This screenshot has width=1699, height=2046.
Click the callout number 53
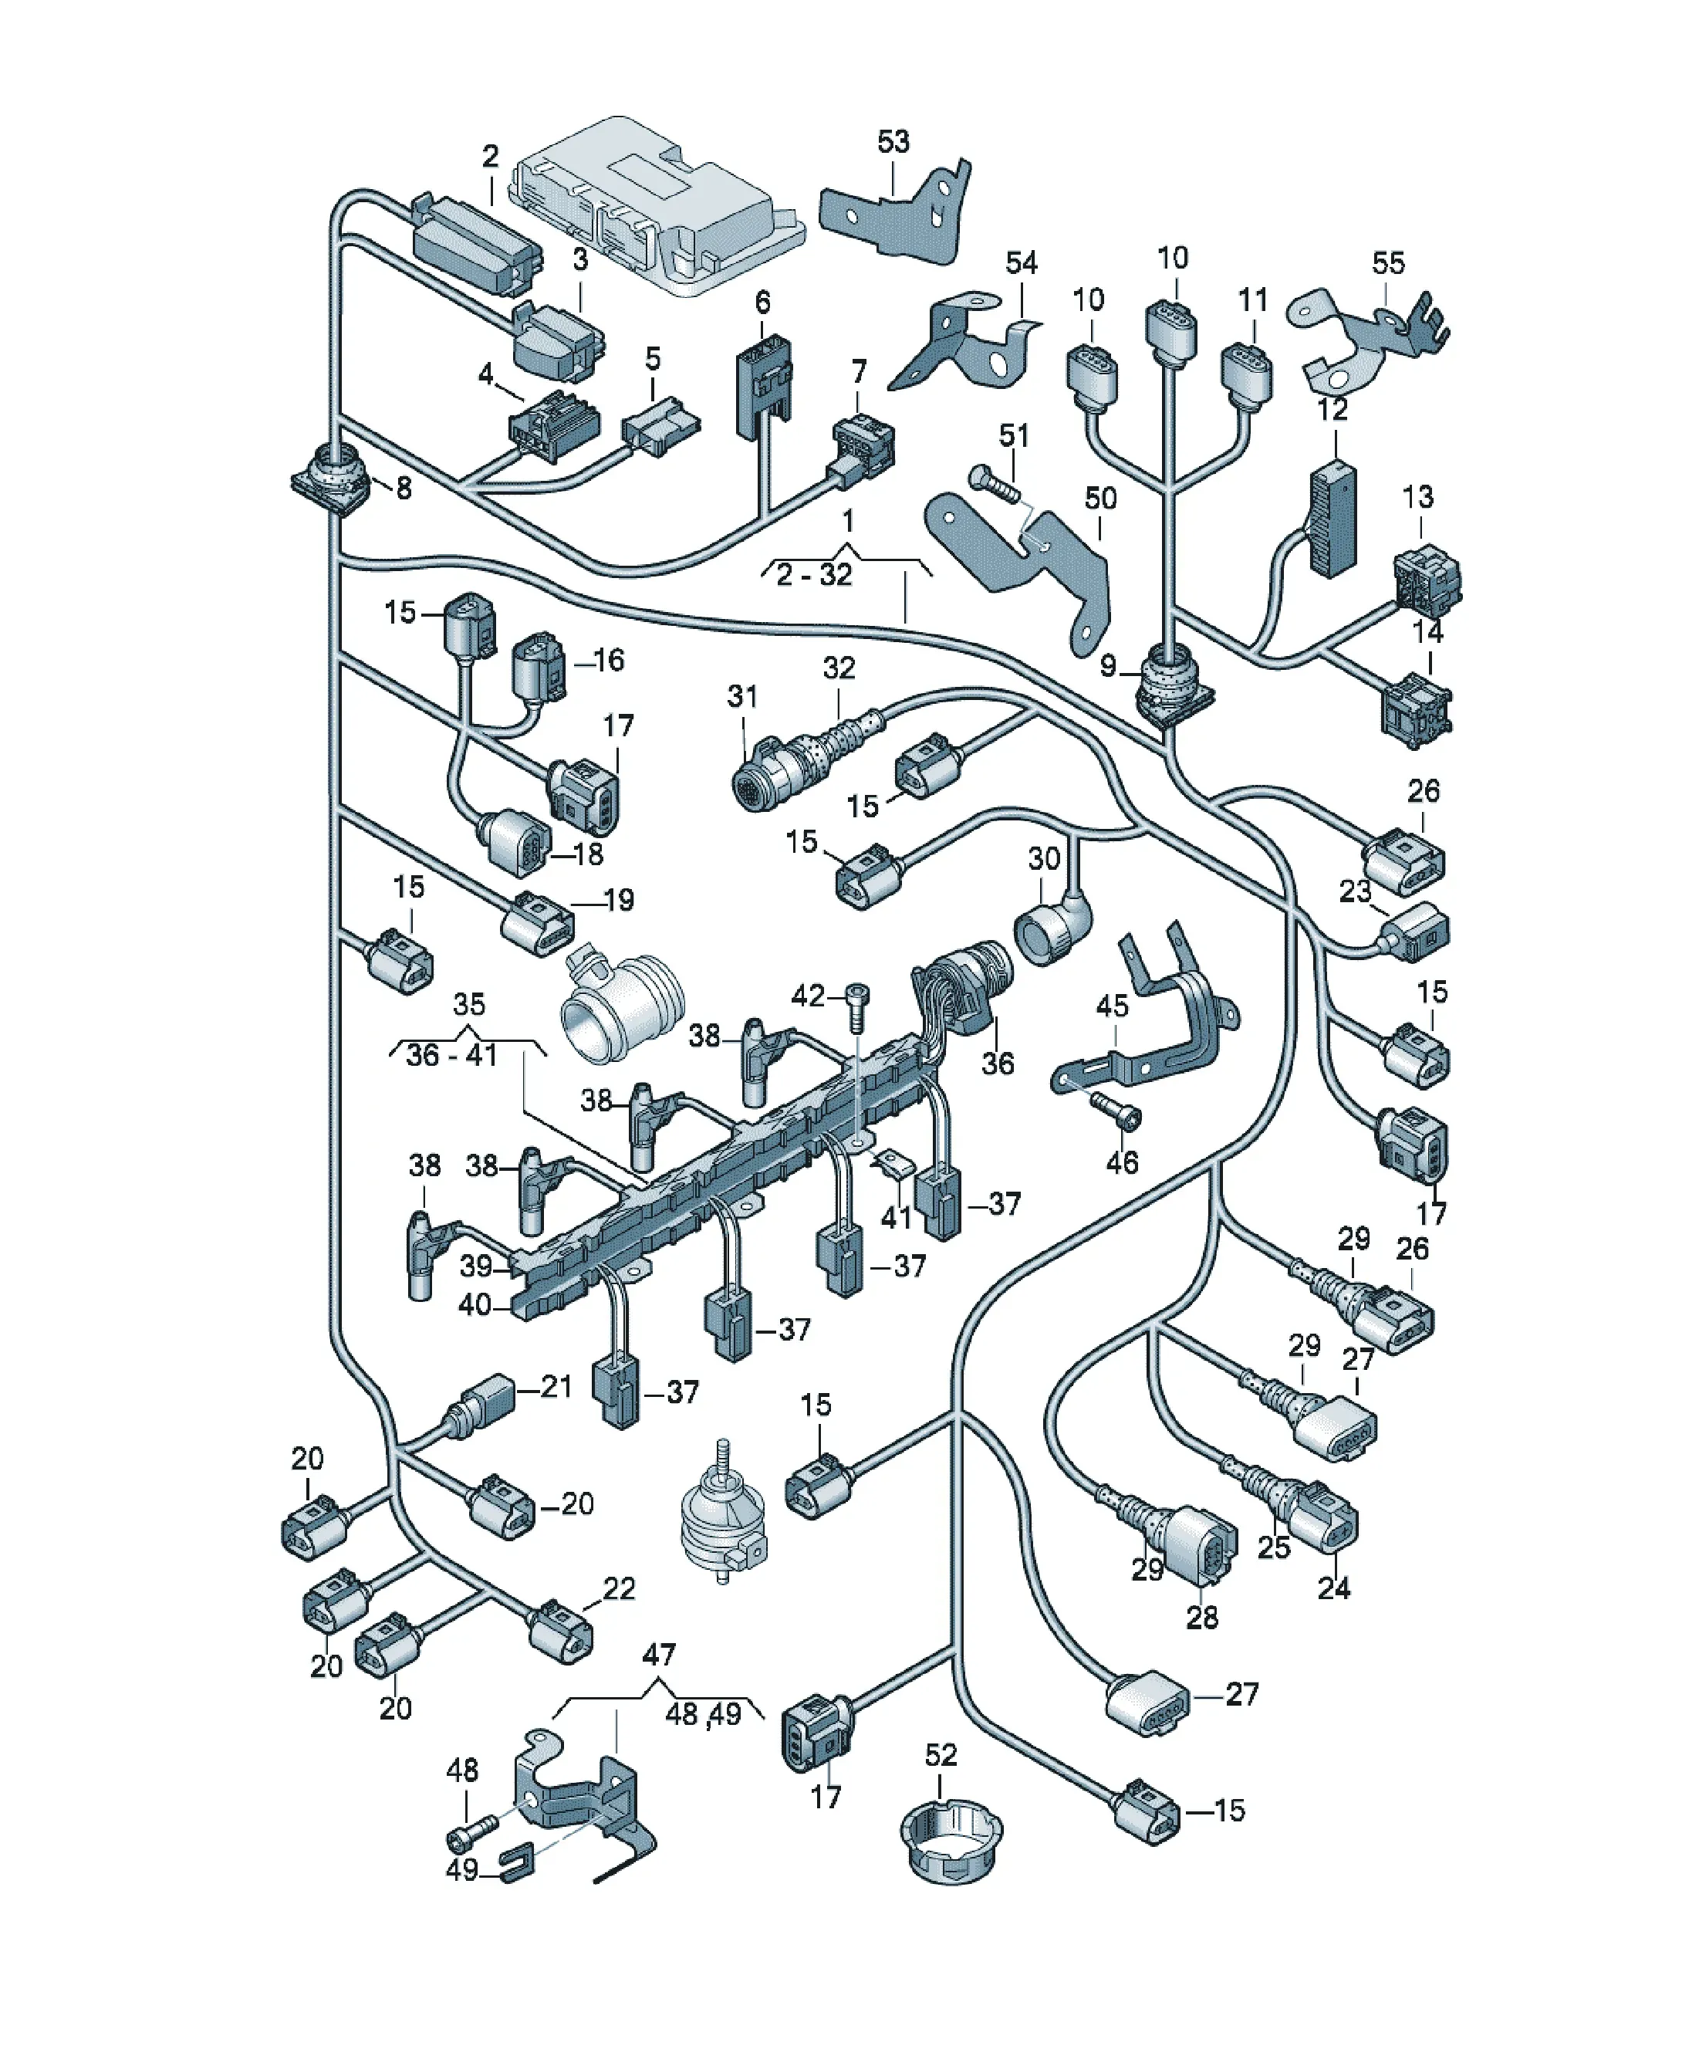tap(893, 141)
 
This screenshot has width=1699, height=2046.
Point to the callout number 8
tap(404, 488)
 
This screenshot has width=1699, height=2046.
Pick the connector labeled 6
tap(763, 386)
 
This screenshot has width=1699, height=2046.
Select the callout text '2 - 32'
tap(815, 575)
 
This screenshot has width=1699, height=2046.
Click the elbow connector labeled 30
tap(1052, 925)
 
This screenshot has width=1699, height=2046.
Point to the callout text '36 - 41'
tap(451, 1054)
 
